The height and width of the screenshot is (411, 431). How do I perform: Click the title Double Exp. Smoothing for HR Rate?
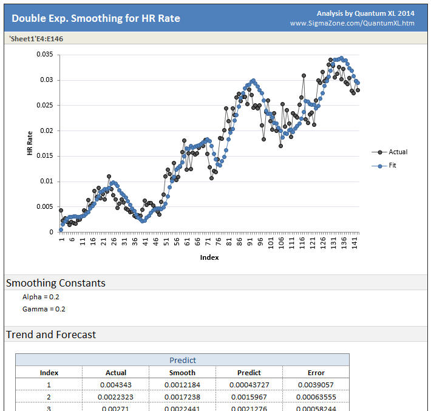click(96, 18)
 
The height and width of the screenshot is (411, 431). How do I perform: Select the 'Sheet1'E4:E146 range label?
click(36, 39)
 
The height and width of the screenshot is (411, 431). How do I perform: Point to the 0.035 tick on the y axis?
click(45, 55)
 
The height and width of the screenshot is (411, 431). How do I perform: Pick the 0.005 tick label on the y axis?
click(45, 206)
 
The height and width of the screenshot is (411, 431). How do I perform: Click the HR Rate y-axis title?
click(30, 143)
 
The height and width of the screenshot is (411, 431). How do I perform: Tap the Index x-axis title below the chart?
click(209, 257)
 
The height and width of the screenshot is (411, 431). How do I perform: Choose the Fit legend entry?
click(392, 165)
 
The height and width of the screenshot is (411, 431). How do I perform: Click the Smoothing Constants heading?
click(56, 283)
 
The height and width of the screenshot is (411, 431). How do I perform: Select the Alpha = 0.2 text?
click(41, 297)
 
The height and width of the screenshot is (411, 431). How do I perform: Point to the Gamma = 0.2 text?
click(44, 309)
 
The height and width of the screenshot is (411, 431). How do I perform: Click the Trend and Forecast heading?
click(51, 335)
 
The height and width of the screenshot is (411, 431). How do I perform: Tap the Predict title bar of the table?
click(182, 360)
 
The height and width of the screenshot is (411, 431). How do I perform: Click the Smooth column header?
click(182, 373)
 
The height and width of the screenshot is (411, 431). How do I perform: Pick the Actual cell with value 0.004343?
click(116, 385)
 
